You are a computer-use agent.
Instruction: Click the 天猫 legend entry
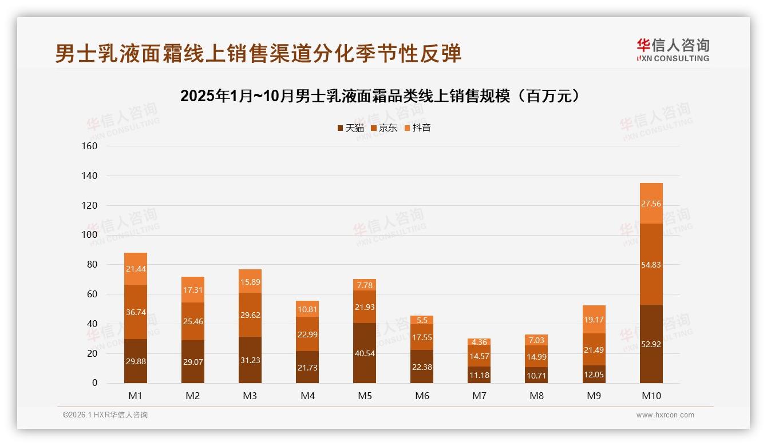click(x=350, y=128)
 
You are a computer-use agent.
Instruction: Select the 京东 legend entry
click(x=383, y=128)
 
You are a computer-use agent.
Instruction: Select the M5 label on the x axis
click(x=365, y=396)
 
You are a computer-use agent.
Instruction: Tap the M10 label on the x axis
click(x=651, y=396)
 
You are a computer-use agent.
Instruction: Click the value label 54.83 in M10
click(x=651, y=264)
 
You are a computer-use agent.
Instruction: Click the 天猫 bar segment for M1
click(x=136, y=361)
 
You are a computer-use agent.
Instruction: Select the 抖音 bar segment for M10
click(x=651, y=203)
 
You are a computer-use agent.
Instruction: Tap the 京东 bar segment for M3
click(x=250, y=314)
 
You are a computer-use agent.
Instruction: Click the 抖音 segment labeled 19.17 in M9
click(x=594, y=319)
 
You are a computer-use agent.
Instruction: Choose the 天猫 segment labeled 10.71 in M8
click(x=536, y=375)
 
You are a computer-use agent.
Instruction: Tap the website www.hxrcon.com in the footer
click(x=665, y=415)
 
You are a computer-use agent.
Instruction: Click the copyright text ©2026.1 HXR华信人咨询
click(x=105, y=415)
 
